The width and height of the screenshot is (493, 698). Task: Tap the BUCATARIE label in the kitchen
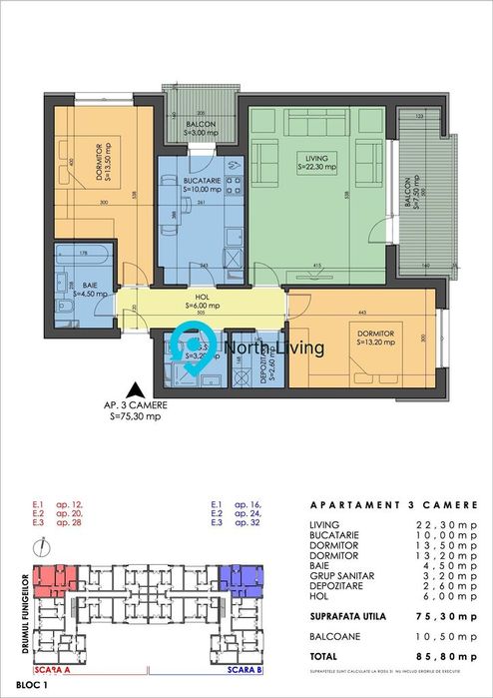pos(203,180)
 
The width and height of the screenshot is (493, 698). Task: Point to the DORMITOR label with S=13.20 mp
pos(375,335)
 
